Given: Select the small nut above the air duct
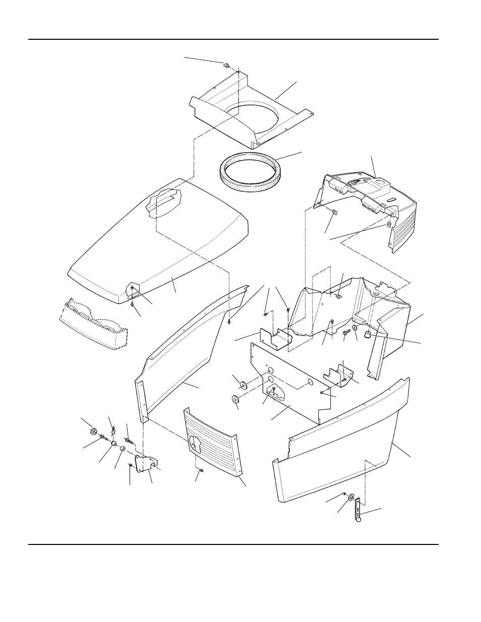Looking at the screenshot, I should click(226, 64).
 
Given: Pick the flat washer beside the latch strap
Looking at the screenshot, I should click(350, 498).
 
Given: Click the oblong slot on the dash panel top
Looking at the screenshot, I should click(392, 199).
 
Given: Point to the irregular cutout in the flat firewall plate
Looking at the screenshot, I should click(275, 391).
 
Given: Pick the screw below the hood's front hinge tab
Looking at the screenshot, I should click(132, 304).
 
